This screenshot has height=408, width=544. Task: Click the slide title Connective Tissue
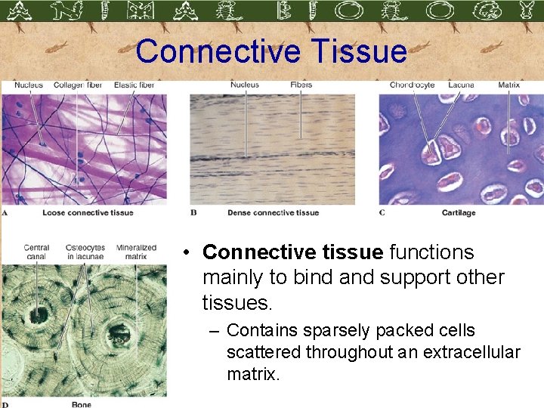pyautogui.click(x=271, y=51)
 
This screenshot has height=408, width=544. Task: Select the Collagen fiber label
pyautogui.click(x=77, y=85)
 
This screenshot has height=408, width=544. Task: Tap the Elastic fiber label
pyautogui.click(x=134, y=85)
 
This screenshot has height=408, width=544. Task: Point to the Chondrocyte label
pyautogui.click(x=412, y=85)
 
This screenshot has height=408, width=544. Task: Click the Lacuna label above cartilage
pyautogui.click(x=461, y=85)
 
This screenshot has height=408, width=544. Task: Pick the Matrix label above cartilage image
pyautogui.click(x=508, y=85)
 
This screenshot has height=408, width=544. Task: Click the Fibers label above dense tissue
pyautogui.click(x=301, y=85)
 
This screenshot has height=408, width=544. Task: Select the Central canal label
pyautogui.click(x=36, y=252)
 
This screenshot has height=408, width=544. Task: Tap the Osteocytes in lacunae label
pyautogui.click(x=85, y=252)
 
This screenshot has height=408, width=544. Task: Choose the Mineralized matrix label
pyautogui.click(x=136, y=252)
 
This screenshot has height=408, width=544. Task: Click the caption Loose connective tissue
pyautogui.click(x=88, y=212)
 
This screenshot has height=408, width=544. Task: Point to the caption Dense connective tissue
pyautogui.click(x=273, y=212)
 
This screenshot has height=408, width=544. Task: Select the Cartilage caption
pyautogui.click(x=459, y=212)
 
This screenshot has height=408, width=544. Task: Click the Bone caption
pyautogui.click(x=81, y=404)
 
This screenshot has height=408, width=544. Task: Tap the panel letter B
pyautogui.click(x=193, y=212)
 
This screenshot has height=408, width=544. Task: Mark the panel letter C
pyautogui.click(x=382, y=212)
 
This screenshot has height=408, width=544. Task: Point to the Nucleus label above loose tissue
pyautogui.click(x=29, y=85)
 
